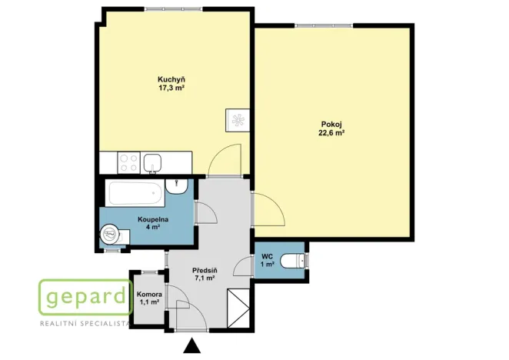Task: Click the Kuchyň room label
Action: click(171, 79)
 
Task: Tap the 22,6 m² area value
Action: click(331, 132)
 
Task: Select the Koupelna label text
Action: click(153, 219)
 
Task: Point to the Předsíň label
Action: click(205, 270)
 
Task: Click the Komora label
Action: click(149, 295)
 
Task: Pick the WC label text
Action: click(267, 257)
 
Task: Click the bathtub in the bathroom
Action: click(135, 194)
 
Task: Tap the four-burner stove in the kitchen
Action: click(129, 162)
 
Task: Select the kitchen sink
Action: click(152, 163)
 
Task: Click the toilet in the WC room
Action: click(293, 261)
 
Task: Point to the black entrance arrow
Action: click(192, 345)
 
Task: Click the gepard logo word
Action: click(85, 297)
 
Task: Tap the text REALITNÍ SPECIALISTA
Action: click(85, 324)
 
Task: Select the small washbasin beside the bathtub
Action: click(177, 186)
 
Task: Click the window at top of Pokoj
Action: click(324, 25)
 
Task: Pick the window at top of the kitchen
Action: click(174, 8)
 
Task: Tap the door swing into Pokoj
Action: click(269, 209)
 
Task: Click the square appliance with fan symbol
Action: click(238, 120)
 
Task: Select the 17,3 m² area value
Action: click(171, 88)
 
